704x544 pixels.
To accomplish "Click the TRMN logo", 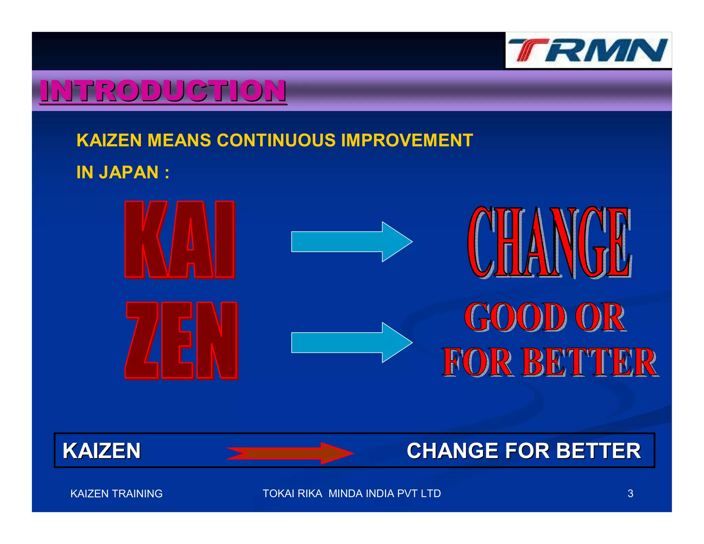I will click(588, 51).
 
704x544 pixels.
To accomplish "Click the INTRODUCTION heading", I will click(163, 91).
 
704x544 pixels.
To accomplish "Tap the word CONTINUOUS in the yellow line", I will click(276, 140).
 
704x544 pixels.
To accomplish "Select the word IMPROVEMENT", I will click(407, 140).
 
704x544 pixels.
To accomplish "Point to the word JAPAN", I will click(129, 172).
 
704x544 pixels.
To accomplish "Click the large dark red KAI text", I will click(180, 240).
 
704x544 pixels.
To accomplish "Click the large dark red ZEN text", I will click(181, 340).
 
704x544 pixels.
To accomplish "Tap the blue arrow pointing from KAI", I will click(351, 242).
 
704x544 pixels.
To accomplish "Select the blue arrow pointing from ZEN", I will click(351, 342).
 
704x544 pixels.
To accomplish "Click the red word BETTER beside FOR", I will click(590, 362).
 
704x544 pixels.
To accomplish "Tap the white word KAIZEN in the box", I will click(102, 450).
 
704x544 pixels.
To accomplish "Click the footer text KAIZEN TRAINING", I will click(116, 493).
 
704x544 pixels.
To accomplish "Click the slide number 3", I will click(630, 493).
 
